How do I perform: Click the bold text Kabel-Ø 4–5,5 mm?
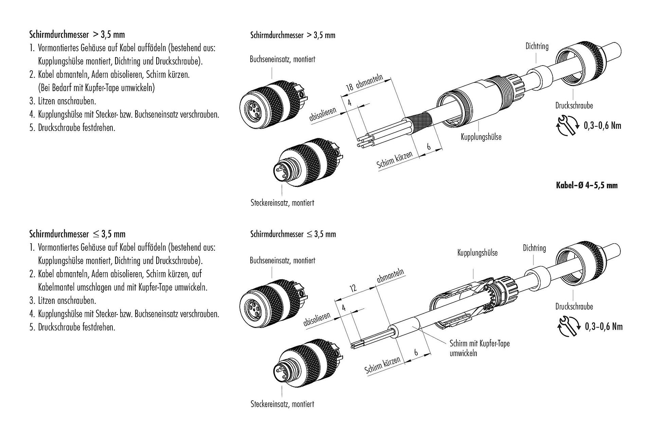point(586,185)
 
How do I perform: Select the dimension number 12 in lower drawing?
point(353,288)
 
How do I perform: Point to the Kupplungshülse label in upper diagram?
point(481,137)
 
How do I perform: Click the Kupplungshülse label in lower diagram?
point(477,253)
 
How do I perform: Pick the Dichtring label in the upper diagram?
point(537,46)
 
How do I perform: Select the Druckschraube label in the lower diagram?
point(574,306)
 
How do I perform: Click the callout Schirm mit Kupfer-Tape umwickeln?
point(479,348)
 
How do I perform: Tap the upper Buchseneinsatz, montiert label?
point(282,59)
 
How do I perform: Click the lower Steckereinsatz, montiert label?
point(282,404)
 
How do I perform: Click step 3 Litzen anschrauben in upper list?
point(62,101)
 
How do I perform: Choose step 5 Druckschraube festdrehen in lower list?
point(72,327)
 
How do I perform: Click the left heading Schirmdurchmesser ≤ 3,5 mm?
point(77,234)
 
